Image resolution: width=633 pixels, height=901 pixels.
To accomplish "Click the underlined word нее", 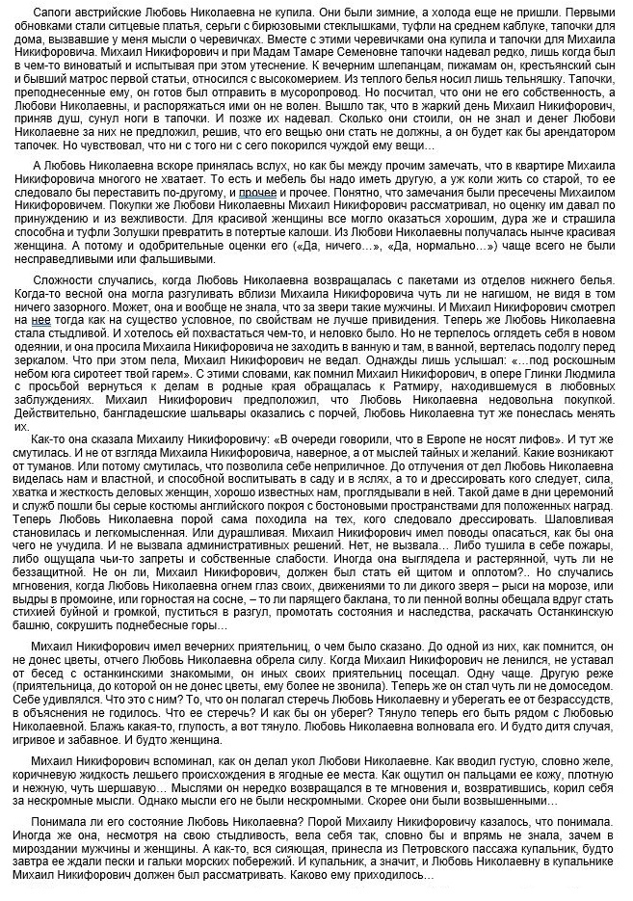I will pyautogui.click(x=40, y=320).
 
